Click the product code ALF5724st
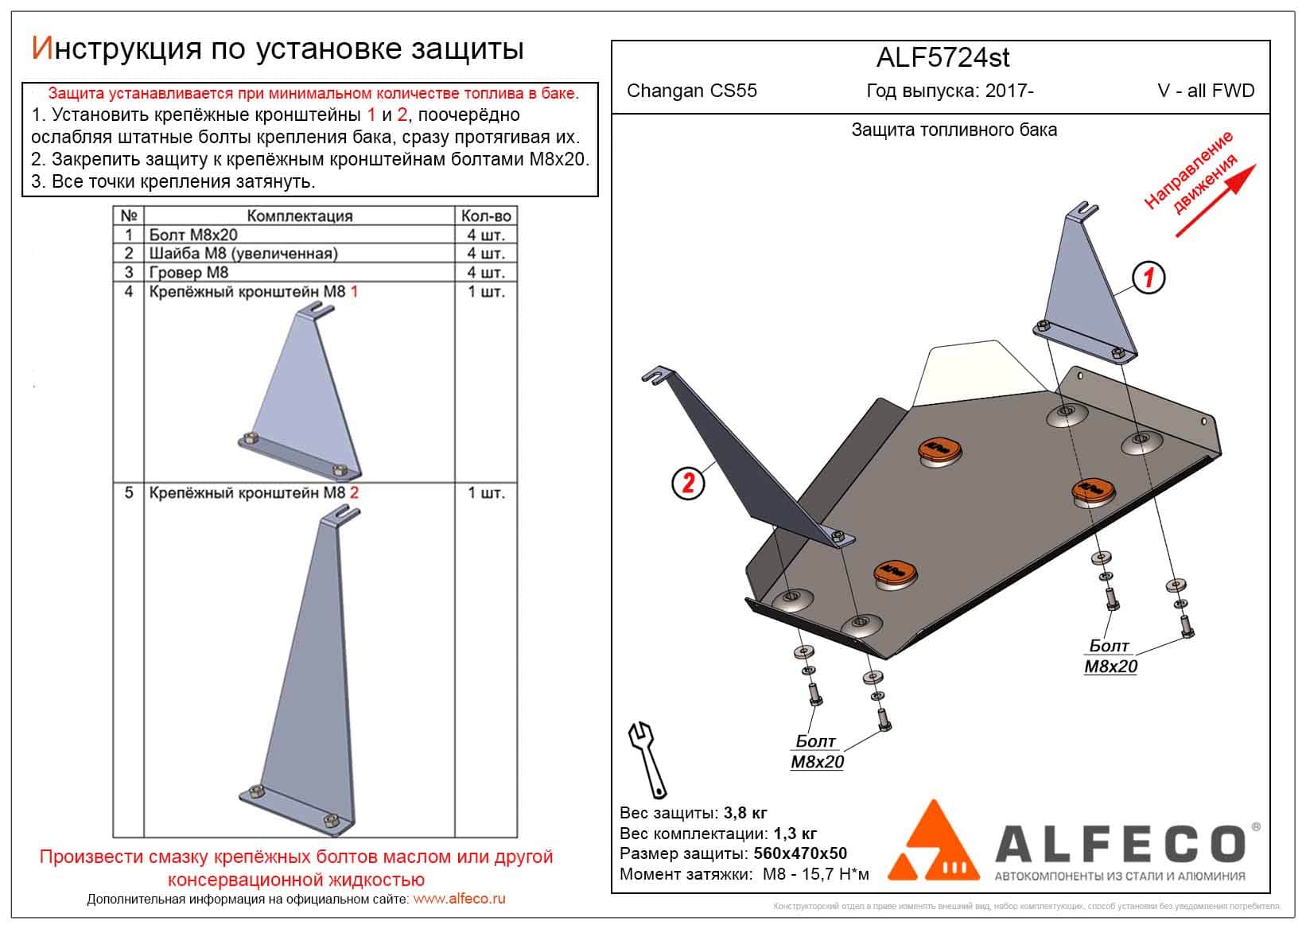click(943, 58)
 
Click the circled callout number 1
click(1149, 278)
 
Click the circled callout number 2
click(689, 482)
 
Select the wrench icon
click(648, 759)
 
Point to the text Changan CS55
click(692, 91)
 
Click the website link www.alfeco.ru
click(460, 900)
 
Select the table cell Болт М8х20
click(193, 235)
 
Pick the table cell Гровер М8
click(189, 272)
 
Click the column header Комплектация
click(299, 216)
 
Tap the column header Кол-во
click(485, 216)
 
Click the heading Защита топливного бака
click(954, 130)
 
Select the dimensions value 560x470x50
click(799, 854)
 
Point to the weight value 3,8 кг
click(745, 813)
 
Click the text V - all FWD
click(1206, 91)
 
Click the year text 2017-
click(1009, 91)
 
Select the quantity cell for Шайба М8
click(485, 253)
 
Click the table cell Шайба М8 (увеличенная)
click(243, 253)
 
